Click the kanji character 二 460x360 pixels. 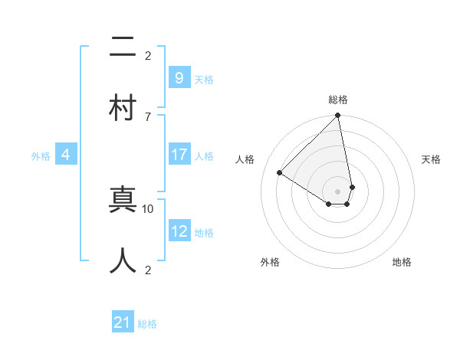point(123,47)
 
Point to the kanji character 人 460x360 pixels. point(123,260)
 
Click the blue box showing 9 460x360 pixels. point(179,77)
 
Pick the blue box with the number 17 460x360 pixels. point(179,155)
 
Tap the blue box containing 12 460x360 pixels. point(179,231)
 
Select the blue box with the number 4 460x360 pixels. point(65,155)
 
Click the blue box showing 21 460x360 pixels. point(123,323)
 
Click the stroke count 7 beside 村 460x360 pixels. point(148,116)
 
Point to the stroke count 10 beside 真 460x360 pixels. point(148,208)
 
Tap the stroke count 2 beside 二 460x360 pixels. point(148,55)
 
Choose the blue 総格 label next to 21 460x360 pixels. point(147,324)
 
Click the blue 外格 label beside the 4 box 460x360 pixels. point(41,155)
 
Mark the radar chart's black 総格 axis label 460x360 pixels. point(338,100)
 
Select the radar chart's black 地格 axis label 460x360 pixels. point(402,262)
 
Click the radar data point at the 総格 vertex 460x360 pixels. point(338,116)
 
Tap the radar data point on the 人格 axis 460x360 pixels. point(280,173)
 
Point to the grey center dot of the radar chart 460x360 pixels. point(338,191)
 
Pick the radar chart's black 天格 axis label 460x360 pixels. point(431,159)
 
